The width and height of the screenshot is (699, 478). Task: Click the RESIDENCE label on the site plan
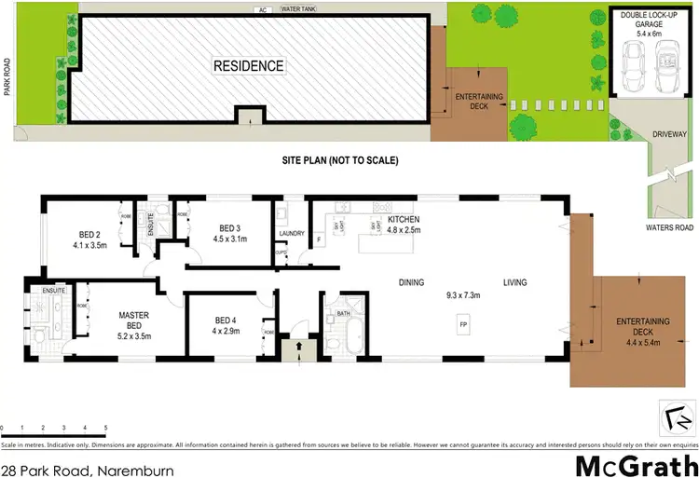[x=249, y=66]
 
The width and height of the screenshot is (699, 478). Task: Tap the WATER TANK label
[x=298, y=9]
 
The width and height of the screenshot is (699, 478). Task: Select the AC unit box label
[x=263, y=10]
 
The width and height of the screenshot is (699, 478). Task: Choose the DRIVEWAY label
[x=668, y=134]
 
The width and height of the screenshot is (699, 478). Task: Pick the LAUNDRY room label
[x=292, y=236]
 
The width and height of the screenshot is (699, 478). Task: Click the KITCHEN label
[x=404, y=219]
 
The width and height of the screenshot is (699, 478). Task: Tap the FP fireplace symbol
[x=462, y=324]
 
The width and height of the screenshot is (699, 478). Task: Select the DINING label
[x=411, y=282]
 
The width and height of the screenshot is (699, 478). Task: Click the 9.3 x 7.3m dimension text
[x=462, y=295]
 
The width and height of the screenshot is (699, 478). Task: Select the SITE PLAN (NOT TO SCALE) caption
[x=340, y=160]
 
